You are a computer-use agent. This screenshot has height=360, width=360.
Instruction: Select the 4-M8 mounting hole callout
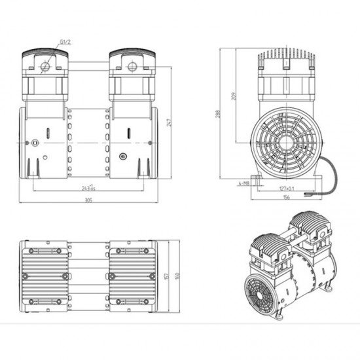coord(244,184)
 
